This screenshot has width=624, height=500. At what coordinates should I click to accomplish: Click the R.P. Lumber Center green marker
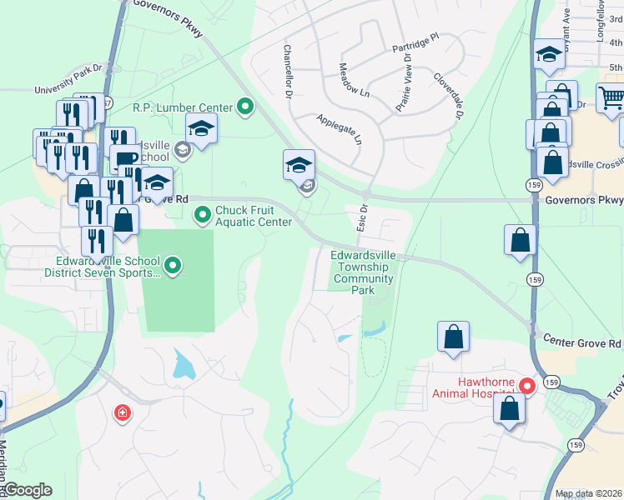245,106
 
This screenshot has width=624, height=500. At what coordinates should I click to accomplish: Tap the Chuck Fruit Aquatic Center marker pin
203,216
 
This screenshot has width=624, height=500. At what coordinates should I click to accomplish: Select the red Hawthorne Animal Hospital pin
526,386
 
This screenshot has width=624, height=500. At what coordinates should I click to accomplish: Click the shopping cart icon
611,97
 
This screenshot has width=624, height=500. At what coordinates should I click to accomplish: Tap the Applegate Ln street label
340,130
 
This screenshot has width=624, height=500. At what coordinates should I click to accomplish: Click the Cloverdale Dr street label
447,96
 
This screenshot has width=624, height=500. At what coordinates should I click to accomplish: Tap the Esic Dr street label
363,219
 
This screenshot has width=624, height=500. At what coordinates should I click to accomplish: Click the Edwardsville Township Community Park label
363,272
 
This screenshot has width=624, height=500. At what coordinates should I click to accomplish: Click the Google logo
28,490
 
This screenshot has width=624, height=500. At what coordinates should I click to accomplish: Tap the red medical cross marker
123,412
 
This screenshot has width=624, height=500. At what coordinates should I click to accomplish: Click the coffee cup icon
124,158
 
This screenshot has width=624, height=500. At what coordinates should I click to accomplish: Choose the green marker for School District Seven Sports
173,266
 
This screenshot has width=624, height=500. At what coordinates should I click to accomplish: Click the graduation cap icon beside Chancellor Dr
299,164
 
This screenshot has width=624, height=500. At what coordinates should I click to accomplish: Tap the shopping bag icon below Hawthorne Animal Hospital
508,408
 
